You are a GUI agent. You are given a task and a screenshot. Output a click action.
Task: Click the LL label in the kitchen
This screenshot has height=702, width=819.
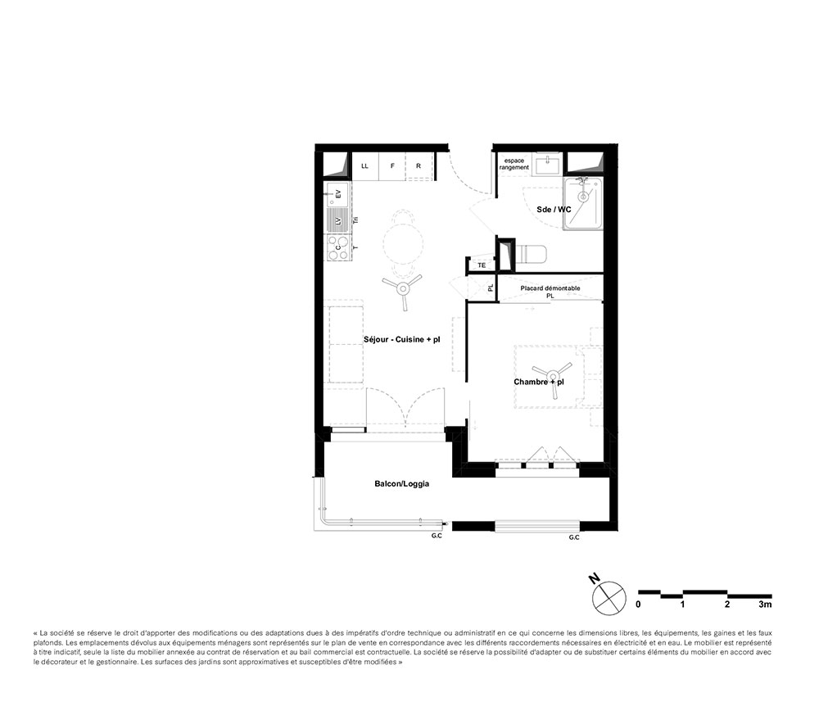coord(364,165)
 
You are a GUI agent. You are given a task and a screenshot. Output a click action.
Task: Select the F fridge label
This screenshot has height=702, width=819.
coord(392,165)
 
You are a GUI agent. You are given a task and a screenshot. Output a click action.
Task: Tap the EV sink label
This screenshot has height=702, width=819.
coord(338,195)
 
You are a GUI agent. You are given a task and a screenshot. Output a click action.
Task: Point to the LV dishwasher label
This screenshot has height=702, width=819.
coord(338,220)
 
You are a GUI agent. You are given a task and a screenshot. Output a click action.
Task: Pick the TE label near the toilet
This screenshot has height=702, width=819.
coord(482,265)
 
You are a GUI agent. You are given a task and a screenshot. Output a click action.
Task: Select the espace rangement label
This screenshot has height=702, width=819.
coord(514,164)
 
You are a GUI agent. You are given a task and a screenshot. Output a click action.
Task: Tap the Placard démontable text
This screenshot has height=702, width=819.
coord(550,288)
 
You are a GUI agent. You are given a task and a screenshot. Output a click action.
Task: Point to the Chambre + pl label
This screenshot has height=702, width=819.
coord(540,383)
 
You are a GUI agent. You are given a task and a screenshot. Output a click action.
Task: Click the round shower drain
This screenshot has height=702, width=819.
coord(582,197)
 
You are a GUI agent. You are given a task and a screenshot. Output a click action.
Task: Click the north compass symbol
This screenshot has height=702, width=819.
coord(609,596)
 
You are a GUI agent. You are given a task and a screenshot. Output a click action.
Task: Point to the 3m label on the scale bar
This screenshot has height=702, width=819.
coord(765,605)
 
